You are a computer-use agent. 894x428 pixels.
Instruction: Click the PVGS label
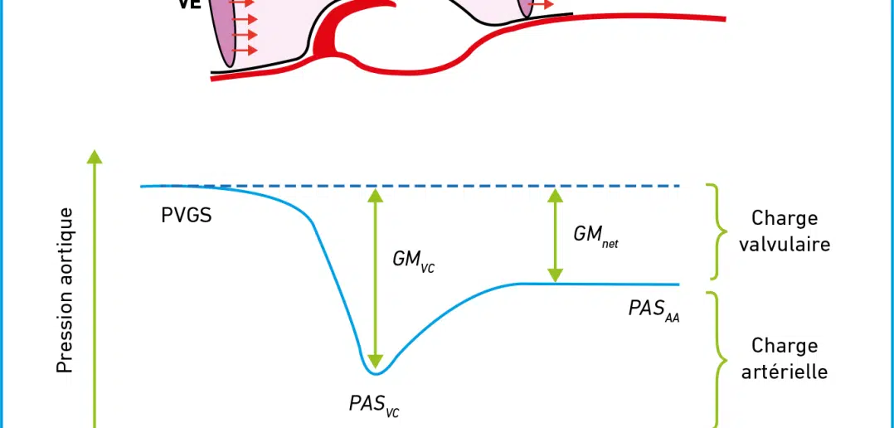pos(187,216)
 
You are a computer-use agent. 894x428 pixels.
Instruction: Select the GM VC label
pos(413,261)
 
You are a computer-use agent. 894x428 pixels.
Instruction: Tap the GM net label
pos(595,236)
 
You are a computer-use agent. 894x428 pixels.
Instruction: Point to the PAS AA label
pos(654,310)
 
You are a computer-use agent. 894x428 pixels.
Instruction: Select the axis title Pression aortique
pos(65,290)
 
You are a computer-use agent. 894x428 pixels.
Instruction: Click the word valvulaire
pos(784,245)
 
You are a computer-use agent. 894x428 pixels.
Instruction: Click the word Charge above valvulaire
pos(785,218)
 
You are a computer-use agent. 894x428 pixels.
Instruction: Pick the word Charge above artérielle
pos(785,346)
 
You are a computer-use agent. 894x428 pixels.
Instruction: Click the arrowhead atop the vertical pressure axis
pos(96,156)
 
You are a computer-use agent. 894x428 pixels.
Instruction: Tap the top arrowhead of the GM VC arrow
pos(375,196)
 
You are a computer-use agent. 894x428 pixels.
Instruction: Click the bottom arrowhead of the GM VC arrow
pos(375,362)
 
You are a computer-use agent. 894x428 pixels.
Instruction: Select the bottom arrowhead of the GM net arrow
pos(555,275)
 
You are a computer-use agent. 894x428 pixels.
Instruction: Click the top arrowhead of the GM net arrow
pos(555,196)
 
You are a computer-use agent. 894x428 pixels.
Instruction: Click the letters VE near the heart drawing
pos(191,4)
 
